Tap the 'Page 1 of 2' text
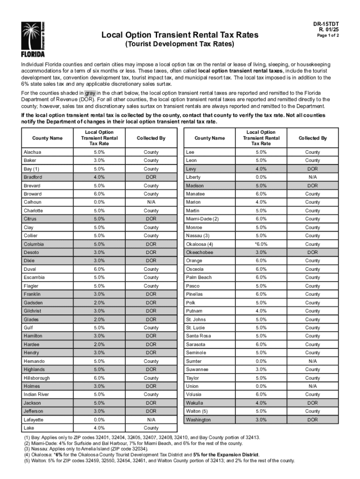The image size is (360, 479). pyautogui.click(x=328, y=36)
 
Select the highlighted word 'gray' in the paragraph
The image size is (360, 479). pyautogui.click(x=90, y=93)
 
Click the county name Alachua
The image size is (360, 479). pyautogui.click(x=32, y=152)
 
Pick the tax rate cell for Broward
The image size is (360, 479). pyautogui.click(x=99, y=194)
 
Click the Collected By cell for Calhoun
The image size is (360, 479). pyautogui.click(x=151, y=202)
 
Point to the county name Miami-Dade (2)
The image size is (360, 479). pyautogui.click(x=202, y=219)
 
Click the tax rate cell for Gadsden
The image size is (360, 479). pyautogui.click(x=99, y=303)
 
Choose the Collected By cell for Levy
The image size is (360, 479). pyautogui.click(x=312, y=169)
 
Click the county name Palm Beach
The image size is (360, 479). pyautogui.click(x=199, y=277)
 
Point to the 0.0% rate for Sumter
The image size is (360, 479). pyautogui.click(x=261, y=361)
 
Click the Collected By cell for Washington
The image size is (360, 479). pyautogui.click(x=312, y=420)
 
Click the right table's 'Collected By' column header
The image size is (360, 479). pyautogui.click(x=312, y=138)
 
